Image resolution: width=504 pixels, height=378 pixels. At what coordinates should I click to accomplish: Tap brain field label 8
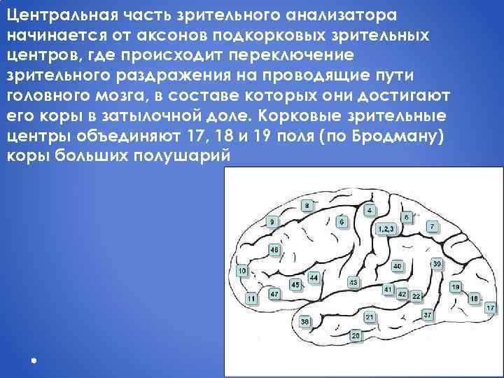307,206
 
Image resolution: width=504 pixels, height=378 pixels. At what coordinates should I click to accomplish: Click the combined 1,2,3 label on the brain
386,229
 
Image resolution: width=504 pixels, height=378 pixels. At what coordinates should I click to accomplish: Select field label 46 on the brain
274,250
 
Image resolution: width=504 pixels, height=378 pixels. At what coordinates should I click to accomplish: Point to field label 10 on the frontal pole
242,271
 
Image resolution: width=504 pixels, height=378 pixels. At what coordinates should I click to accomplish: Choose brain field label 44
313,278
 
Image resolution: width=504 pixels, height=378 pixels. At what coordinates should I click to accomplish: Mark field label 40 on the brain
397,266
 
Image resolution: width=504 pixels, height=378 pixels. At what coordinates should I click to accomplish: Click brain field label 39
437,264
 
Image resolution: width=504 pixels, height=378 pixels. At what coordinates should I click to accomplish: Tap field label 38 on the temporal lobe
305,321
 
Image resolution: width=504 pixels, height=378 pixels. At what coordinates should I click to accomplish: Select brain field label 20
356,336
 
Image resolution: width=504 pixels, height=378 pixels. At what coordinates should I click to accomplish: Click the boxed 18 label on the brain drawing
473,299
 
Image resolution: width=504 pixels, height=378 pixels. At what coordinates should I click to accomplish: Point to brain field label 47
274,294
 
